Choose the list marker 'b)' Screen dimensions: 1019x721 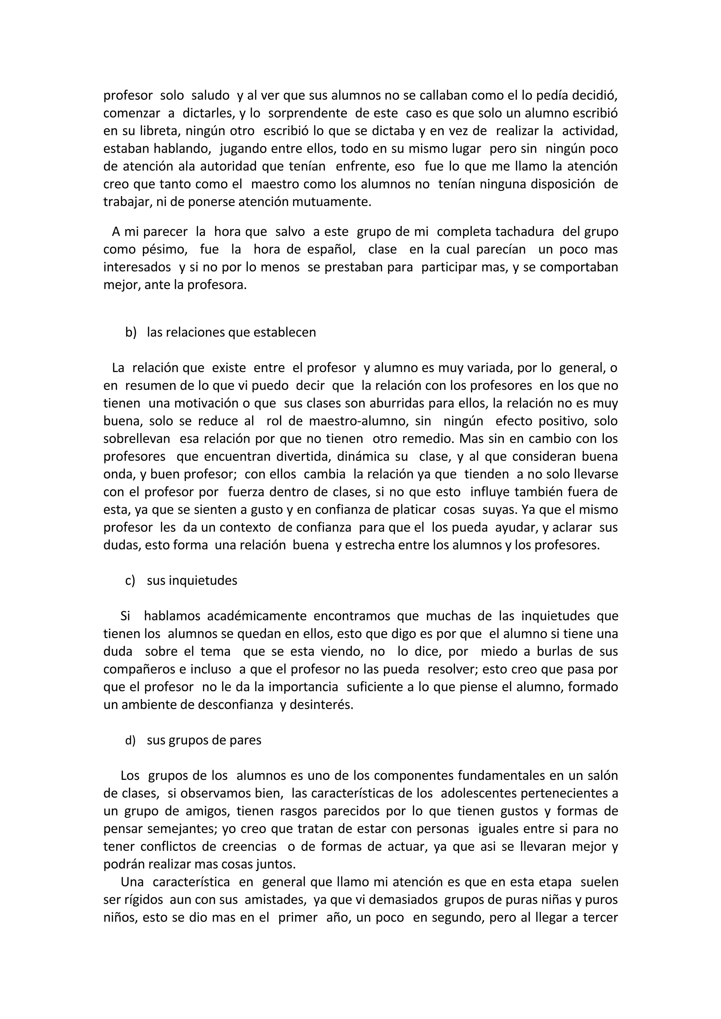131,332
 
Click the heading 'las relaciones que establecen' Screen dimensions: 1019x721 231,332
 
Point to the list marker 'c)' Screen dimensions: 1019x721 130,581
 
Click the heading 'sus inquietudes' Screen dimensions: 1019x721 192,581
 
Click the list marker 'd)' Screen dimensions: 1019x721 130,740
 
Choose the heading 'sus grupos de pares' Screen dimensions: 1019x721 204,740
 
